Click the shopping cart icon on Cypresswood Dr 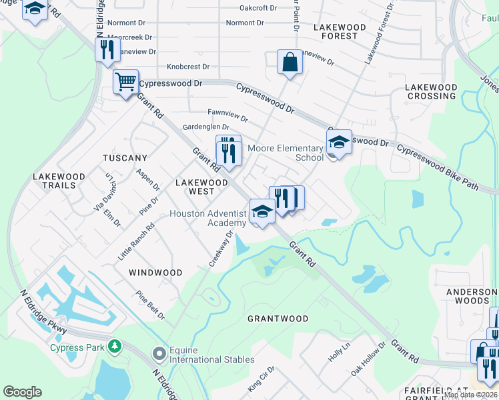coord(125,82)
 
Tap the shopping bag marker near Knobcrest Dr coord(290,62)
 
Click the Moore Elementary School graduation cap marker coord(339,142)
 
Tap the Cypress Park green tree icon coord(115,347)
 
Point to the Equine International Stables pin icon coord(159,353)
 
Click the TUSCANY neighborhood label coord(125,158)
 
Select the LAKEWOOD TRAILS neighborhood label coord(59,181)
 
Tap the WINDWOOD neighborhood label coord(155,273)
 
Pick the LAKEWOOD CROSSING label coord(432,91)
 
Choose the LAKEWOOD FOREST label coord(340,32)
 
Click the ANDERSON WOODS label coord(467,296)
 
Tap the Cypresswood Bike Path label coord(438,167)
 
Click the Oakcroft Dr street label coord(258,8)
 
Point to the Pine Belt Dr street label coord(150,305)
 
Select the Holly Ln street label coord(339,353)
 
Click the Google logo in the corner coord(23,392)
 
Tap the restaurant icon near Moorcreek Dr coord(107,49)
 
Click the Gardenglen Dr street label coord(205,127)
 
